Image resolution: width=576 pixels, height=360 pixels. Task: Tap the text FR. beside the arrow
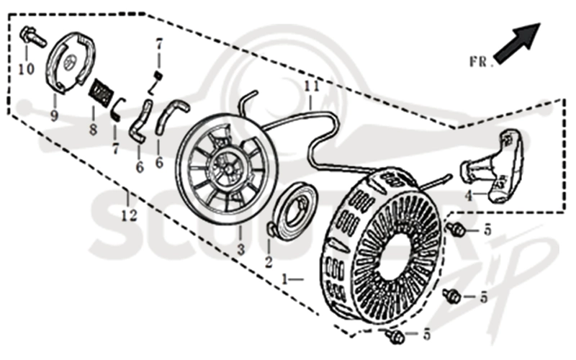coord(480,62)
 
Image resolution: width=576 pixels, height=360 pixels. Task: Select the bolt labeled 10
coord(33,36)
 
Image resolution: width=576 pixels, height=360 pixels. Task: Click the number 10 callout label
coord(27,68)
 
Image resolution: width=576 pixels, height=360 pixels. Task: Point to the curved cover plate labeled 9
coord(70,61)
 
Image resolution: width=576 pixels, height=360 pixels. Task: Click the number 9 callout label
coord(55,116)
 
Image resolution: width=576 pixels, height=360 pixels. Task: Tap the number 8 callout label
coord(94,130)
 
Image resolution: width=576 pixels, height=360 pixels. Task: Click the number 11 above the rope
coord(312,86)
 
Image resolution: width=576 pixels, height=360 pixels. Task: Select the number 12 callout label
coord(130,215)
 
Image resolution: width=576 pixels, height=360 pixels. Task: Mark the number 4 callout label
coord(468,196)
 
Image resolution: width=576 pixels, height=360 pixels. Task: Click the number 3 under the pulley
coord(240,250)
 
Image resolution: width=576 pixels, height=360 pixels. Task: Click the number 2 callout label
coord(269,262)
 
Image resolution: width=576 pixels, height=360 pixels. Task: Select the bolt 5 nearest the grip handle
coord(456,229)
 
